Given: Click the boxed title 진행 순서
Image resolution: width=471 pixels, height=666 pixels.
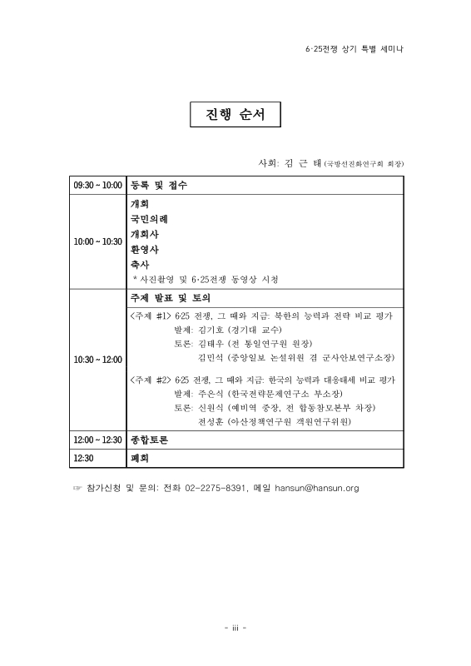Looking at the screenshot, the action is [235, 115].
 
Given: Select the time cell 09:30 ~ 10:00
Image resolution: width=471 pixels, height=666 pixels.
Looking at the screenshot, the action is [98, 185].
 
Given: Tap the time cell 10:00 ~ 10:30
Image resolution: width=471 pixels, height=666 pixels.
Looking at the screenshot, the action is [98, 241].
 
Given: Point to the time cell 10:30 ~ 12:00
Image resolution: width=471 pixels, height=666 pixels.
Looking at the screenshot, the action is [98, 359].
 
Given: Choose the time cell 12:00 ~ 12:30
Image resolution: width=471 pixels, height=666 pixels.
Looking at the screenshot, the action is [98, 440].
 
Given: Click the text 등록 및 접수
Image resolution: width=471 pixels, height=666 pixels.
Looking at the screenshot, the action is [158, 185].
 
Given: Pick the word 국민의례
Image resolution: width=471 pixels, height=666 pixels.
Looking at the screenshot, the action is [149, 219].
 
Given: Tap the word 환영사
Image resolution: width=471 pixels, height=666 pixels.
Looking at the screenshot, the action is [144, 249].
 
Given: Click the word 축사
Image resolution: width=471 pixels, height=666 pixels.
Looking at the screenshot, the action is [139, 264].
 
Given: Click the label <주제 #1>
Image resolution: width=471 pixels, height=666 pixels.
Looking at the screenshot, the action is [151, 316].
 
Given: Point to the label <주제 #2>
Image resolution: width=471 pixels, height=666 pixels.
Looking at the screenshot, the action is [151, 379].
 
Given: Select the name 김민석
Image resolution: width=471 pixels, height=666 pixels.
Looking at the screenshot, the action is [215, 357].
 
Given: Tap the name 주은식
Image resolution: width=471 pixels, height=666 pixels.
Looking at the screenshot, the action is [213, 393].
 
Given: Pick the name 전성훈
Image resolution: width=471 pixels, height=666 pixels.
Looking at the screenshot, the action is [214, 422].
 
